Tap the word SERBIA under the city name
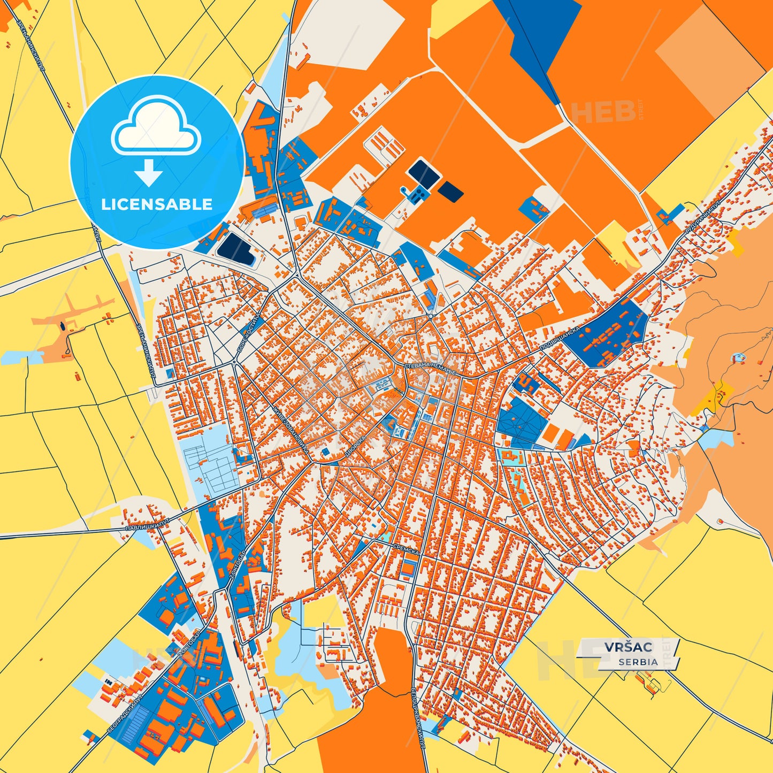click(638, 662)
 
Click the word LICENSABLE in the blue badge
click(157, 204)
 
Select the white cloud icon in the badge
click(156, 126)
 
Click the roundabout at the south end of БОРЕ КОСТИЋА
click(234, 363)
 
